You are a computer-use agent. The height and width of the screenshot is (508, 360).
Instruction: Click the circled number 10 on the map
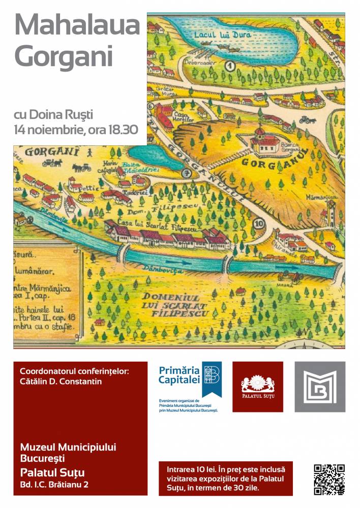pos(260,223)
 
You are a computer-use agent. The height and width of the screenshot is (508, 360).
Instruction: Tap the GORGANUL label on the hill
pos(261,165)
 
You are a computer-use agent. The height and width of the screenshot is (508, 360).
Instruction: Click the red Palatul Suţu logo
pos(258,387)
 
